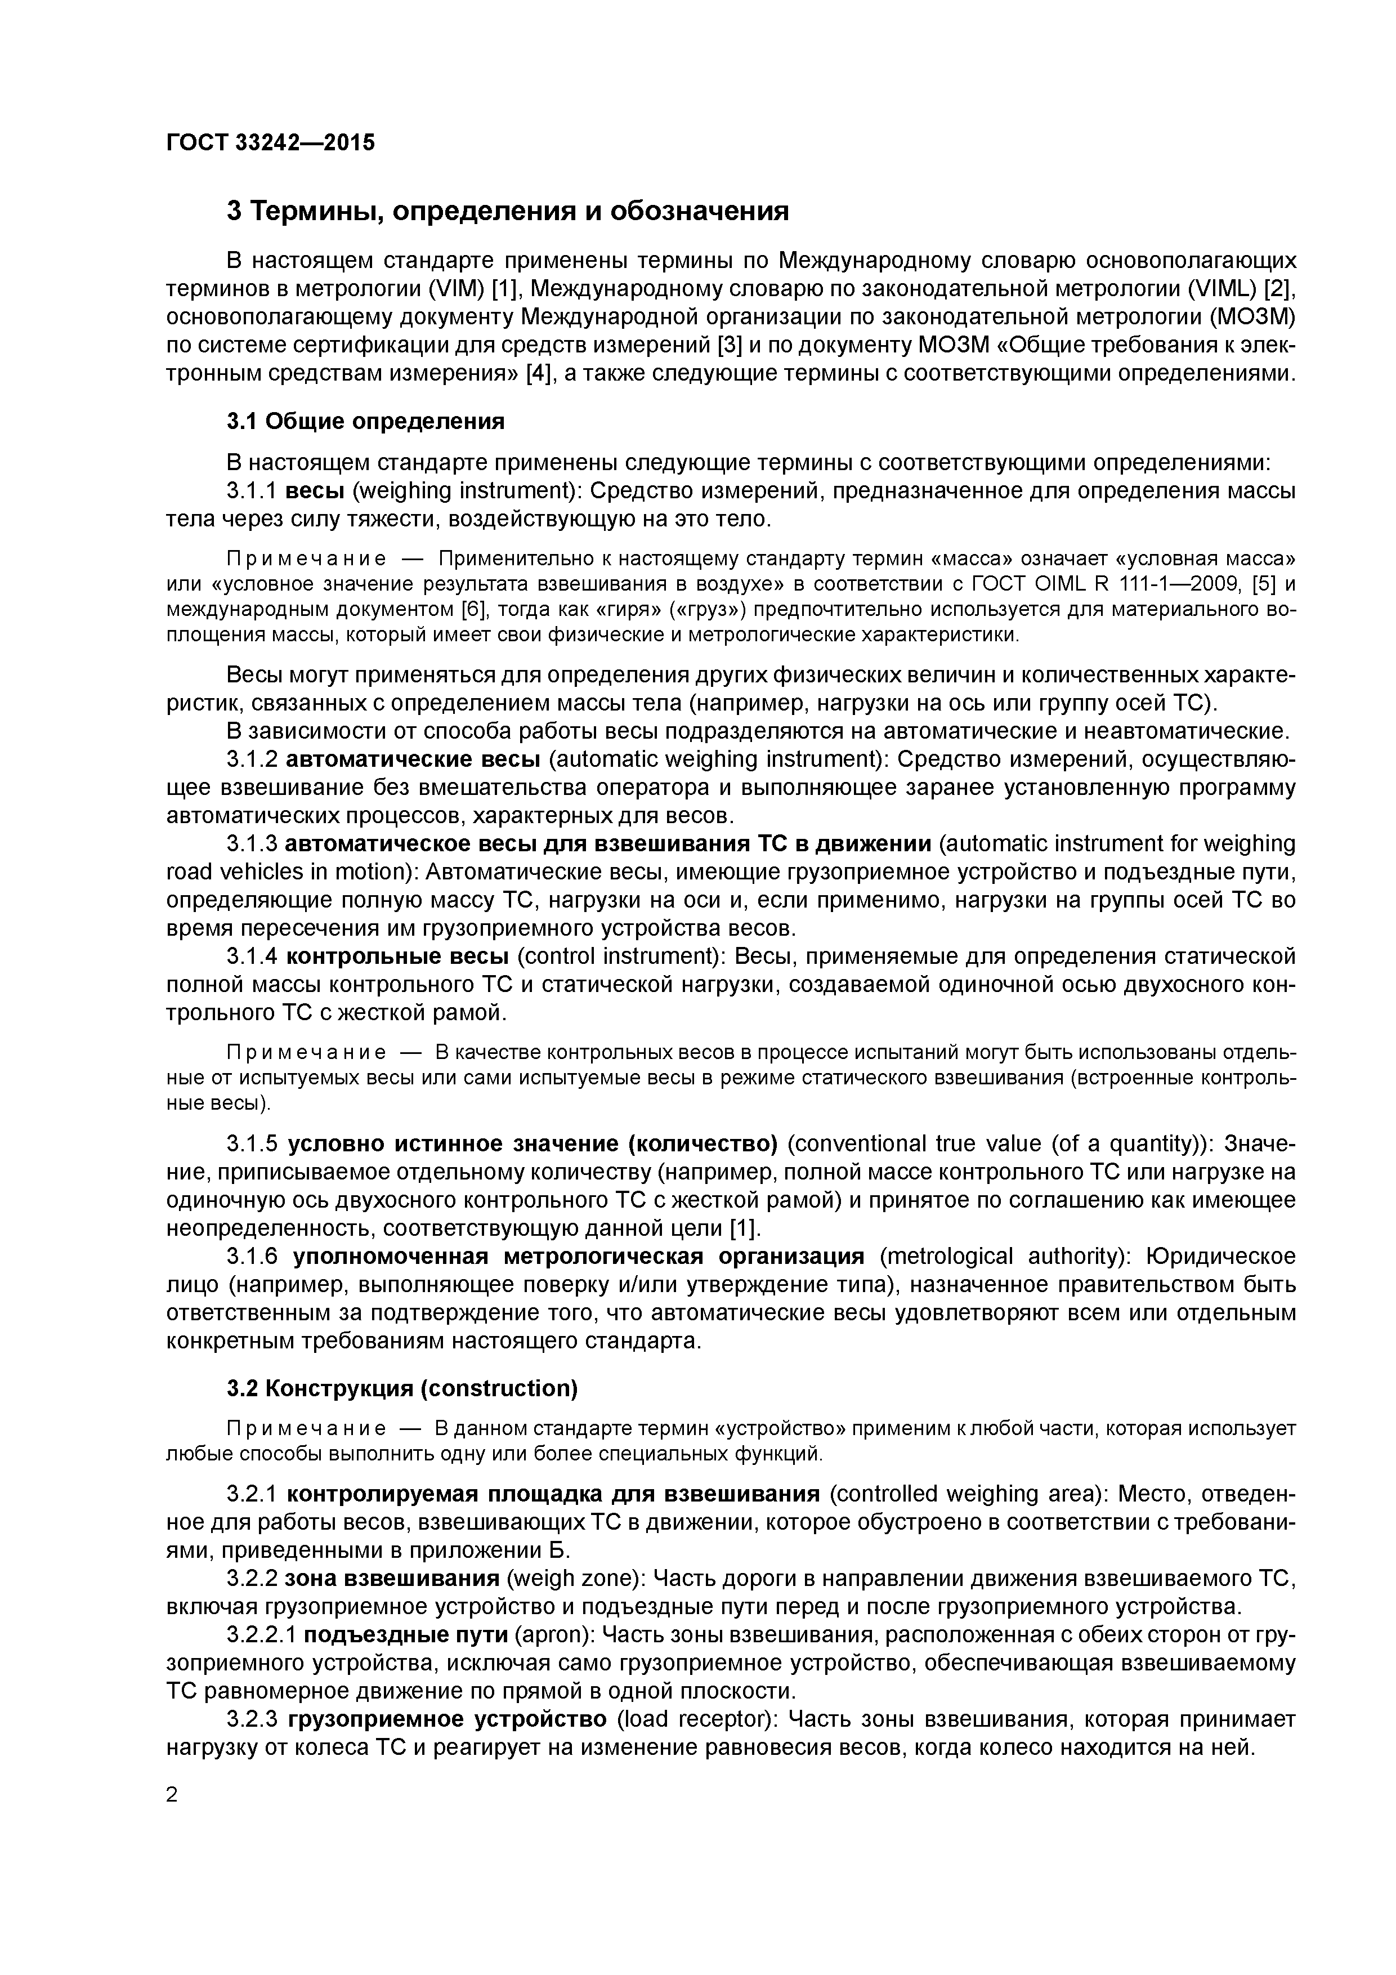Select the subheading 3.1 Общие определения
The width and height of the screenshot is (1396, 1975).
[x=365, y=422]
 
